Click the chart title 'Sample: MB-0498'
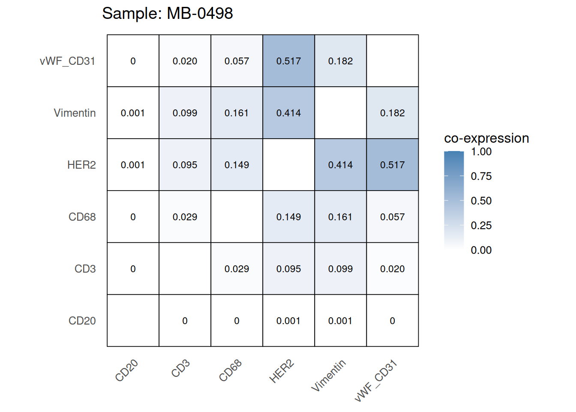(x=168, y=13)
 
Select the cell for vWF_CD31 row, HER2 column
(x=288, y=61)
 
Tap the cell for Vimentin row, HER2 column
(x=288, y=113)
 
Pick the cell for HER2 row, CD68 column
(x=237, y=165)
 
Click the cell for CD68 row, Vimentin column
(x=340, y=217)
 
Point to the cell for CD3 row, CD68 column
(x=237, y=269)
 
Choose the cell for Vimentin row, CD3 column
(x=185, y=113)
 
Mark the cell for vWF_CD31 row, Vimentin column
(x=340, y=61)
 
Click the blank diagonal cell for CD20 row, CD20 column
(x=133, y=321)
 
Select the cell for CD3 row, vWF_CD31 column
(x=392, y=269)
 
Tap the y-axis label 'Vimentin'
(x=75, y=113)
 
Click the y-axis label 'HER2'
(x=81, y=165)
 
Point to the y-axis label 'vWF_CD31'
(x=67, y=61)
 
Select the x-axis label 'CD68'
(x=231, y=370)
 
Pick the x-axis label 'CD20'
(x=127, y=370)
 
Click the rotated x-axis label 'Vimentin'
(x=328, y=376)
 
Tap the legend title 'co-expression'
(x=486, y=138)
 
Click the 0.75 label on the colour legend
(x=481, y=176)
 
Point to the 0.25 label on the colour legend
(x=481, y=225)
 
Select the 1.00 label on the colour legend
(x=481, y=151)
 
